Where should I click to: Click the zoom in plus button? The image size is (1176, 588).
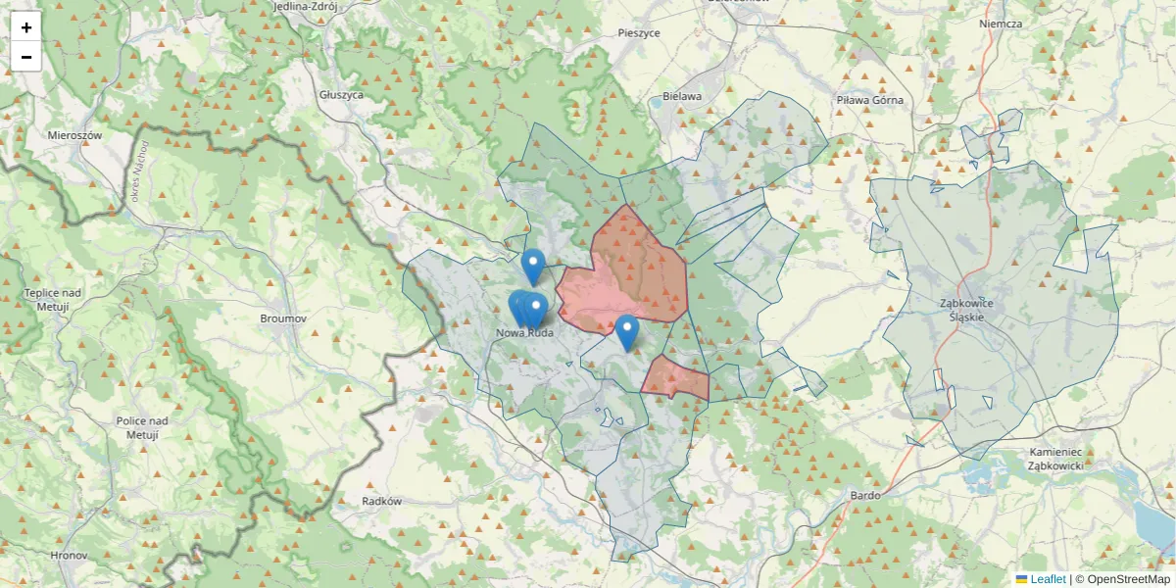pyautogui.click(x=26, y=26)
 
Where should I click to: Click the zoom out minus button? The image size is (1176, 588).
pyautogui.click(x=26, y=57)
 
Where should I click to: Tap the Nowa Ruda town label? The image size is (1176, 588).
pyautogui.click(x=525, y=333)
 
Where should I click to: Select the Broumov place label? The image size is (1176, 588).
pyautogui.click(x=284, y=318)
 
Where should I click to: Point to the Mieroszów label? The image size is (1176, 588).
pyautogui.click(x=75, y=134)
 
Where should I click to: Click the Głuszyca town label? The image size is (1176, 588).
pyautogui.click(x=342, y=95)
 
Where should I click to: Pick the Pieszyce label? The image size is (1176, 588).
pyautogui.click(x=639, y=32)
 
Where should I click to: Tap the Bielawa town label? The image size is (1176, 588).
pyautogui.click(x=682, y=96)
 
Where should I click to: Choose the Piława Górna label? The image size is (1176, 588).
pyautogui.click(x=870, y=100)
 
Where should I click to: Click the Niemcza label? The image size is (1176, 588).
pyautogui.click(x=1001, y=24)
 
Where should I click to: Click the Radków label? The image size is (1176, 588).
pyautogui.click(x=382, y=501)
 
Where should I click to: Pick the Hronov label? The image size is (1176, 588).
pyautogui.click(x=69, y=555)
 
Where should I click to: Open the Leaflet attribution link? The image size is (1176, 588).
pyautogui.click(x=1047, y=579)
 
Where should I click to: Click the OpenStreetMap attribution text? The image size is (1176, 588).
pyautogui.click(x=1122, y=579)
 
